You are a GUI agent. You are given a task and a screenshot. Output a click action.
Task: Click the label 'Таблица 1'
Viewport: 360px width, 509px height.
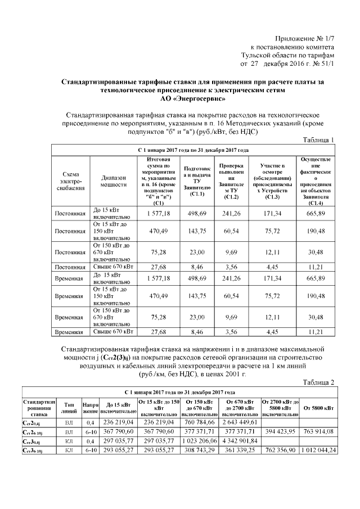318,139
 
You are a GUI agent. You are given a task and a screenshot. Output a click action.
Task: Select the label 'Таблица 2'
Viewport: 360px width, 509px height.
318,382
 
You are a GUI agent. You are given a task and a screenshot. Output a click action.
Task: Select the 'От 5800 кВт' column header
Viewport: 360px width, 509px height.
318,406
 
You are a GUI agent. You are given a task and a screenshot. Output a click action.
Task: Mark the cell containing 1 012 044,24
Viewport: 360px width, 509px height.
318,451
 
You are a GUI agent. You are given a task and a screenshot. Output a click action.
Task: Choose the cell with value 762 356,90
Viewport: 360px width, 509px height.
280,451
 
